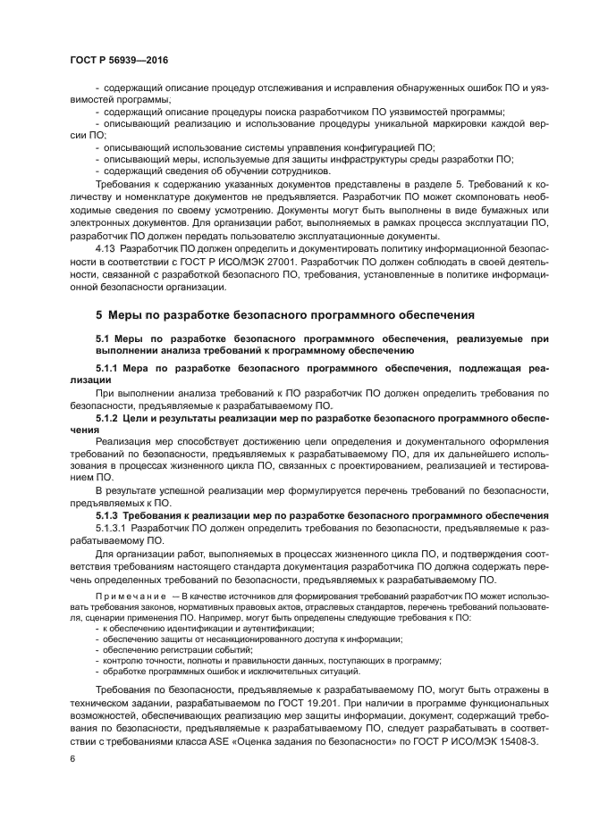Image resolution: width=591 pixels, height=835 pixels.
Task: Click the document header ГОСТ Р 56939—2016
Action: (x=119, y=59)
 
